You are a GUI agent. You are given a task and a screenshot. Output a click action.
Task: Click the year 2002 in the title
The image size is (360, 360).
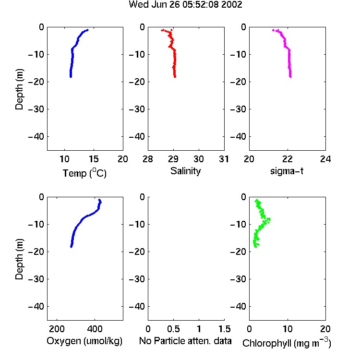click(232, 5)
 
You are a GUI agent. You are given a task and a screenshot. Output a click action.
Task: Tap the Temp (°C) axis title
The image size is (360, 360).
click(84, 173)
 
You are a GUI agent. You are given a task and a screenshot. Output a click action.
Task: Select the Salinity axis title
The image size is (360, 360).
click(185, 171)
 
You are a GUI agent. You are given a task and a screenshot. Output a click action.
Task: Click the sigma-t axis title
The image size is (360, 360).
click(287, 171)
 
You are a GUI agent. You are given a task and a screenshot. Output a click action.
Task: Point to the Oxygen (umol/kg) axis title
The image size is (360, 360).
click(84, 341)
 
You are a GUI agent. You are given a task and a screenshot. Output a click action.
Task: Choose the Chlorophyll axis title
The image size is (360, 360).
click(287, 343)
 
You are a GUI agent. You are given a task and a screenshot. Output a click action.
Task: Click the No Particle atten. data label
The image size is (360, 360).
click(185, 341)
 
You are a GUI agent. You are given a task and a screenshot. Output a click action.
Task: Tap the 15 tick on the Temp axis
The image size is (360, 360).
click(94, 159)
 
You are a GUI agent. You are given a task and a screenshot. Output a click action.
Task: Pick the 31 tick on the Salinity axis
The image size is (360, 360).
click(224, 159)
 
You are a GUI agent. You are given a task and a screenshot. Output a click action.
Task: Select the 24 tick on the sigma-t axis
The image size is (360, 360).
click(325, 159)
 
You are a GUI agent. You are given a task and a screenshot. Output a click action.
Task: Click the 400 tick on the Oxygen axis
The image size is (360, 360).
click(95, 329)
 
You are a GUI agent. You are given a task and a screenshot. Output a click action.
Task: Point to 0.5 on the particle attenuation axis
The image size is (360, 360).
click(173, 329)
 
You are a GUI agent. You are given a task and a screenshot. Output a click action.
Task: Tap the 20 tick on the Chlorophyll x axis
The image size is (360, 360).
click(325, 329)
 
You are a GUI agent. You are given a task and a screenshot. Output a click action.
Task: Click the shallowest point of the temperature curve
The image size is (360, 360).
click(87, 30)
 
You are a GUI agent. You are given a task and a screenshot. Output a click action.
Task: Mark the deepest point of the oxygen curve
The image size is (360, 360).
click(71, 247)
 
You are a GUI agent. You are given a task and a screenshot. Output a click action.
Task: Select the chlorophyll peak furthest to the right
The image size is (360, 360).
click(269, 219)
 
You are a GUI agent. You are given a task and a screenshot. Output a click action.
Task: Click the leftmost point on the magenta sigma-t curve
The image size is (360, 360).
click(273, 30)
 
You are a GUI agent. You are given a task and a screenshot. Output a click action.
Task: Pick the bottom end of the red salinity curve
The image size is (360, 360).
click(175, 77)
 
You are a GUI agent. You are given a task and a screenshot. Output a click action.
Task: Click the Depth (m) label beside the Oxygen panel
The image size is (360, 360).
click(19, 259)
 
